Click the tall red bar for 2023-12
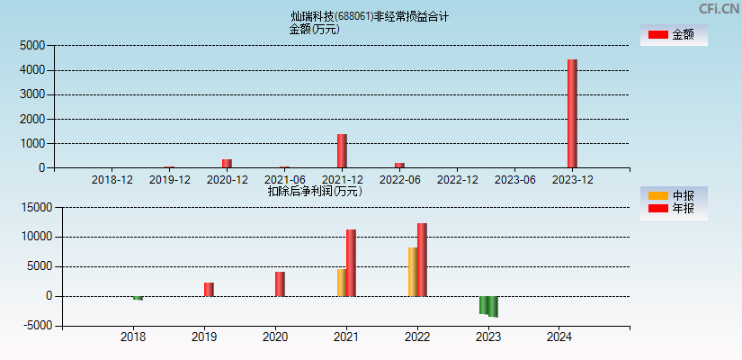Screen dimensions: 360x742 tap(572, 113)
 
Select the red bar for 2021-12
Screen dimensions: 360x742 tap(342, 151)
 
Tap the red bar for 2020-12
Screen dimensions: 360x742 tap(227, 163)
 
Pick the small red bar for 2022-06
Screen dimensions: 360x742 tap(399, 165)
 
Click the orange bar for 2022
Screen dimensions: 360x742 tap(412, 272)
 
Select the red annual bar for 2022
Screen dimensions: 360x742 tap(422, 259)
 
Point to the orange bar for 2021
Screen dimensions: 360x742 tap(342, 283)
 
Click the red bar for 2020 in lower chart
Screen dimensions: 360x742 tap(280, 283)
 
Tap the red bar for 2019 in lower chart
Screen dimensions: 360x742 tap(209, 289)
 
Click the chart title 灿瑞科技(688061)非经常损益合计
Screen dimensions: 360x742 tap(370, 16)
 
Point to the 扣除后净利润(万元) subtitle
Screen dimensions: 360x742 tap(314, 191)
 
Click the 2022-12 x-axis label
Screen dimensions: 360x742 tap(457, 180)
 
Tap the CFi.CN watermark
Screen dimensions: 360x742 tap(719, 9)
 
